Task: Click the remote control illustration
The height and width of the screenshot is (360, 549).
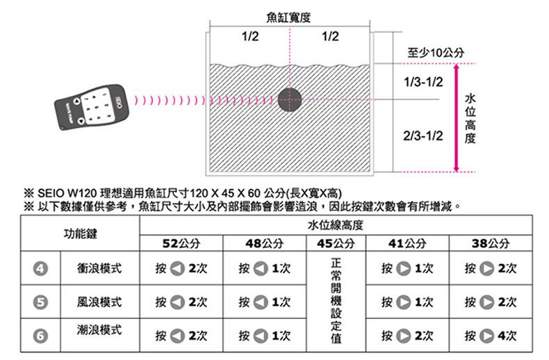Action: coord(91,108)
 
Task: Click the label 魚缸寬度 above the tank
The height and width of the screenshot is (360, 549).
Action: coord(288,15)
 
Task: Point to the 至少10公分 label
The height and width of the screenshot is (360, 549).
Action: coord(439,54)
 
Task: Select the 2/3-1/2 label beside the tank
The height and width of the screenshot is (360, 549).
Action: coord(423,133)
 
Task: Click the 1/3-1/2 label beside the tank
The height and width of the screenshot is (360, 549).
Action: coord(423,82)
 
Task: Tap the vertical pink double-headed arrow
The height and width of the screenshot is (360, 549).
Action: coord(456,117)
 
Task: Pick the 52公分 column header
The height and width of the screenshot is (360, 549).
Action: coord(181,244)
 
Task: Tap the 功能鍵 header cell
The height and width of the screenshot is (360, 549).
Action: coord(81,234)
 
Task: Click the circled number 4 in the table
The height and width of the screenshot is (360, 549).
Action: coord(42,268)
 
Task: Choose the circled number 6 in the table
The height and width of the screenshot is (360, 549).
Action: coord(42,336)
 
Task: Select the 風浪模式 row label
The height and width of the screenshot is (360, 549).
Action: coord(99,302)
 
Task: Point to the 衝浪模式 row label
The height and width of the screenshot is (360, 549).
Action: coord(99,268)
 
